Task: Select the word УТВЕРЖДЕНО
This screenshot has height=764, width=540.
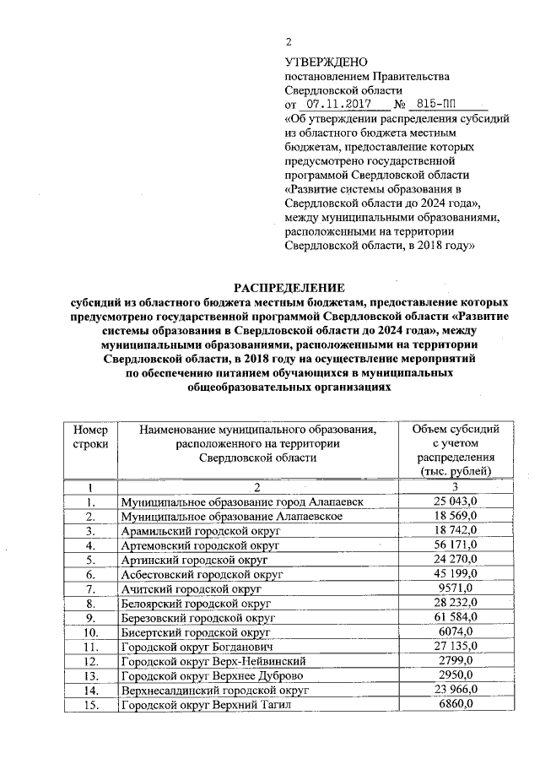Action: click(x=326, y=62)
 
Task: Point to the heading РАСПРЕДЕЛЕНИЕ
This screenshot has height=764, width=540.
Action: click(x=288, y=288)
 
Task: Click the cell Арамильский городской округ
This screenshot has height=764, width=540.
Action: click(x=200, y=531)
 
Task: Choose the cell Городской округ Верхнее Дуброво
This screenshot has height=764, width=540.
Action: click(x=211, y=675)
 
